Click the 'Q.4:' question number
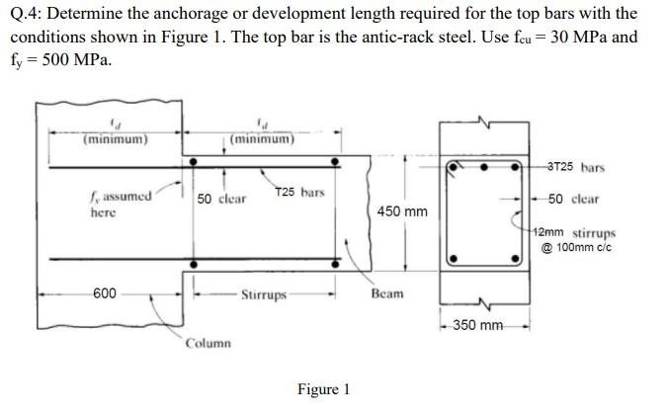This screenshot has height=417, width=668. pos(30,14)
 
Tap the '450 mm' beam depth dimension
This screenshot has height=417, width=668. pos(402,211)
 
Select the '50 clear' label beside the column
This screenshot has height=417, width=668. pos(221,200)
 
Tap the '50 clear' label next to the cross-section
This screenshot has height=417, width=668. pos(572,199)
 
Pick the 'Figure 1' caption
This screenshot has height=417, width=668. pos(323,389)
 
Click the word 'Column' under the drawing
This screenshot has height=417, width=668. pos(209,343)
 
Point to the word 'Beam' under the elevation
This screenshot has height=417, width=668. pos(387,294)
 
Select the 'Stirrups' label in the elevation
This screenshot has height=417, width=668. pos(264,294)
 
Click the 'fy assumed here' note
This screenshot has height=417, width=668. pos(120,204)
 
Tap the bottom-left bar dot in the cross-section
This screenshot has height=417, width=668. pos(454,260)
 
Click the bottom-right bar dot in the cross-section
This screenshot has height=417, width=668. pos(515,260)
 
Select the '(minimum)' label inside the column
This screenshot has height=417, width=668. pos(116,138)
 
